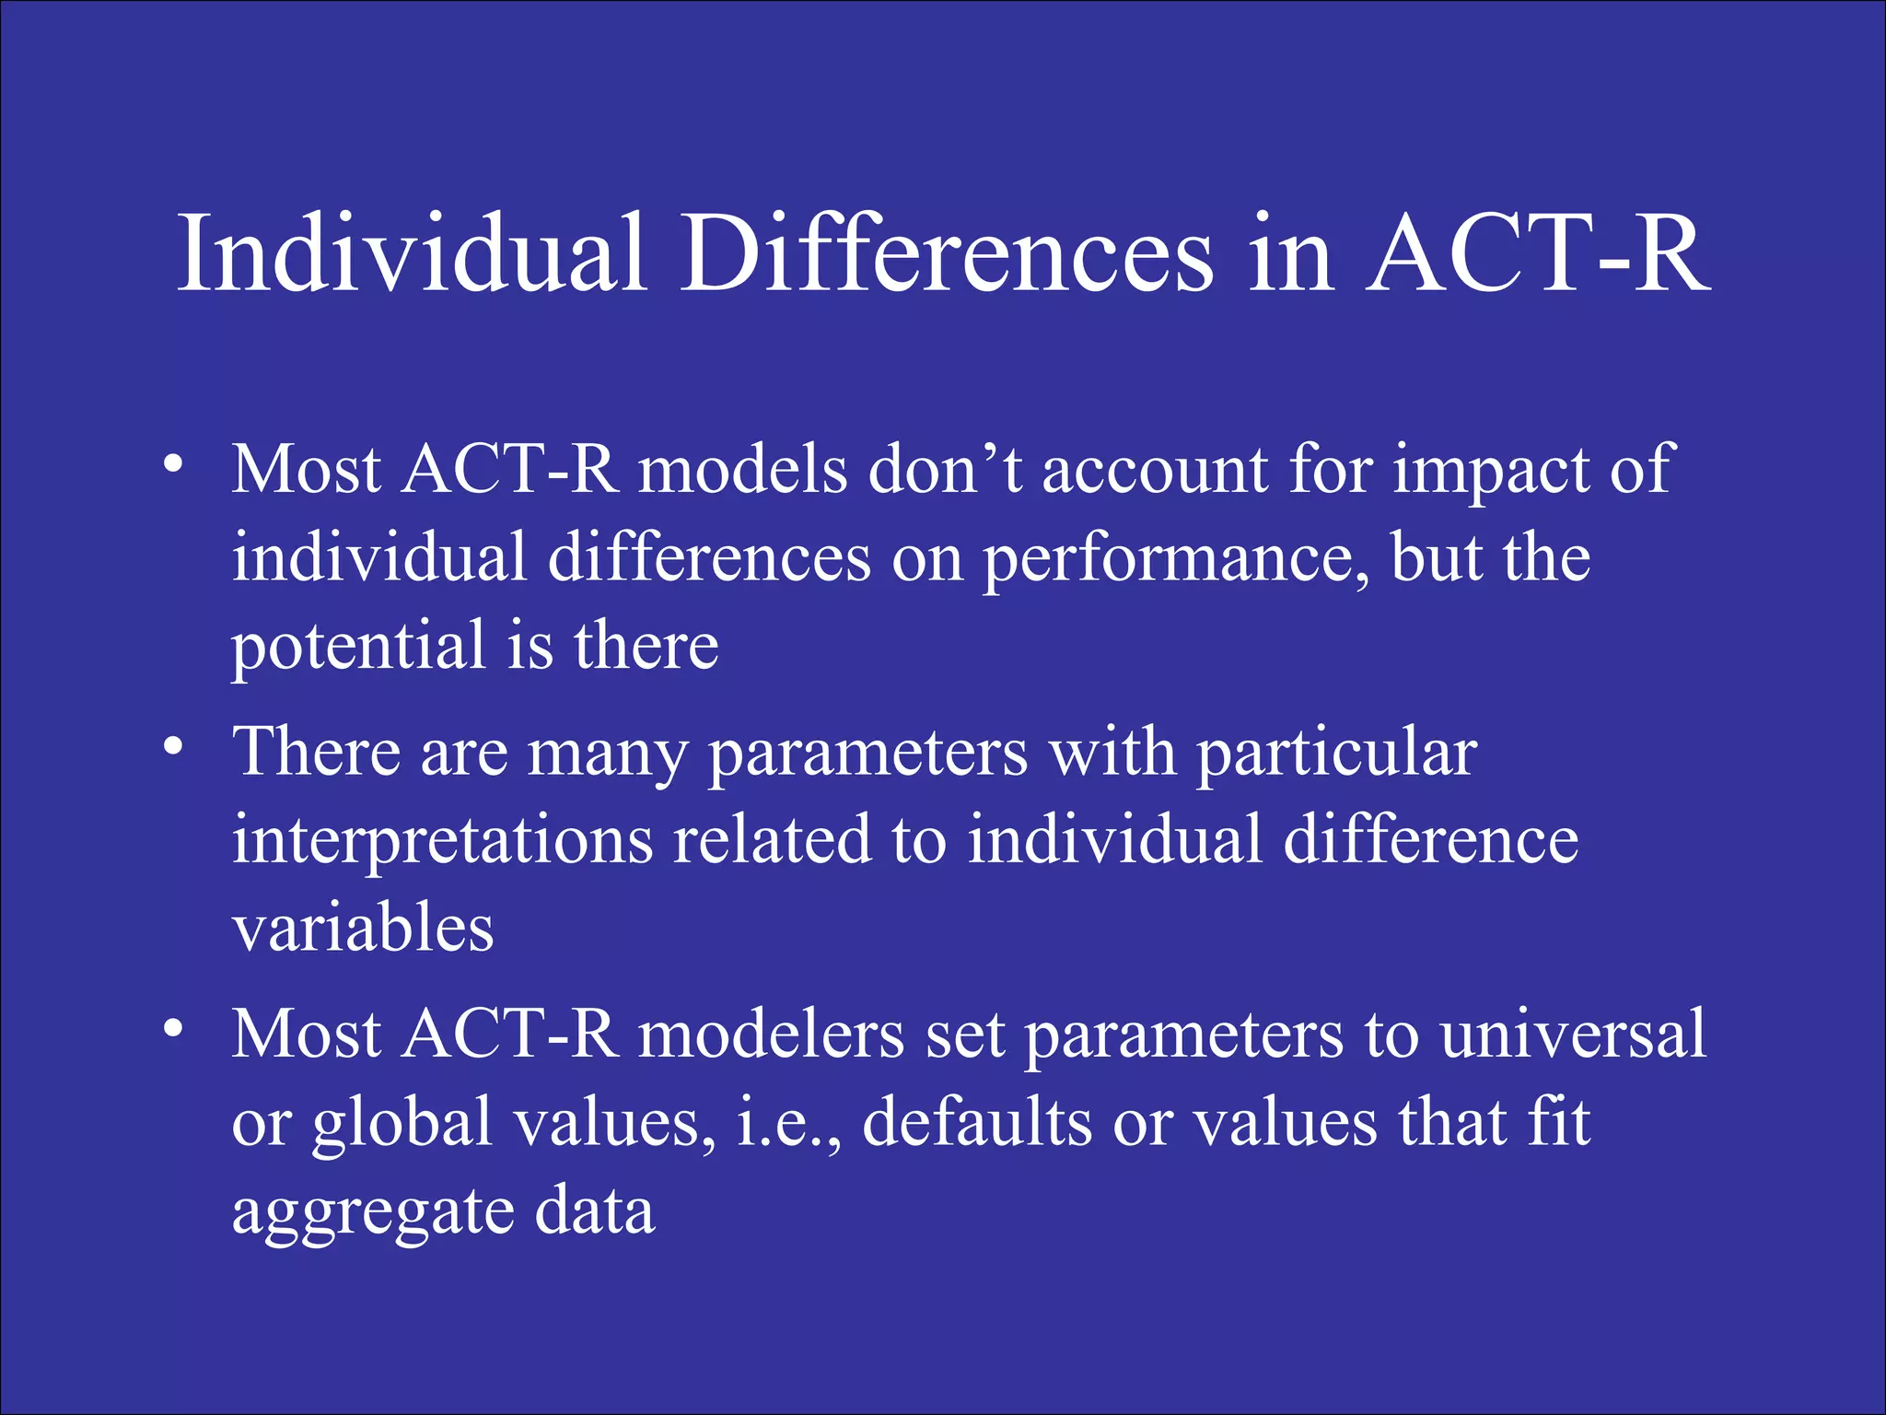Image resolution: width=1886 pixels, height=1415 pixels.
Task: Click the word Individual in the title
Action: tap(412, 253)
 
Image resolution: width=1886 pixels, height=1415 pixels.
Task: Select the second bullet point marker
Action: tap(172, 747)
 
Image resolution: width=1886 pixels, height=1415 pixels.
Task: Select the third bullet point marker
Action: tap(172, 1029)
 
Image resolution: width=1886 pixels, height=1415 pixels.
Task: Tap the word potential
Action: tap(357, 647)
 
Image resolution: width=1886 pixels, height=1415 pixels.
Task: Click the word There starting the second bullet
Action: tap(317, 752)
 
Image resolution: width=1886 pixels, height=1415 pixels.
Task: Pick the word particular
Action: tap(1336, 754)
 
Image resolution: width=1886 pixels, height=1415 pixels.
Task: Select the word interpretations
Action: tap(442, 841)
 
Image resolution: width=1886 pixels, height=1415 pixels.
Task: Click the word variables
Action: tap(363, 929)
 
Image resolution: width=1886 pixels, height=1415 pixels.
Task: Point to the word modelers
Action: tap(771, 1034)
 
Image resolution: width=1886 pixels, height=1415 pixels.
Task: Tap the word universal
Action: tap(1573, 1034)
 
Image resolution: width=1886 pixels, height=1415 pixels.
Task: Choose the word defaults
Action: tap(976, 1122)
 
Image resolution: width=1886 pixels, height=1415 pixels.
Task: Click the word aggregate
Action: tap(372, 1212)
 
